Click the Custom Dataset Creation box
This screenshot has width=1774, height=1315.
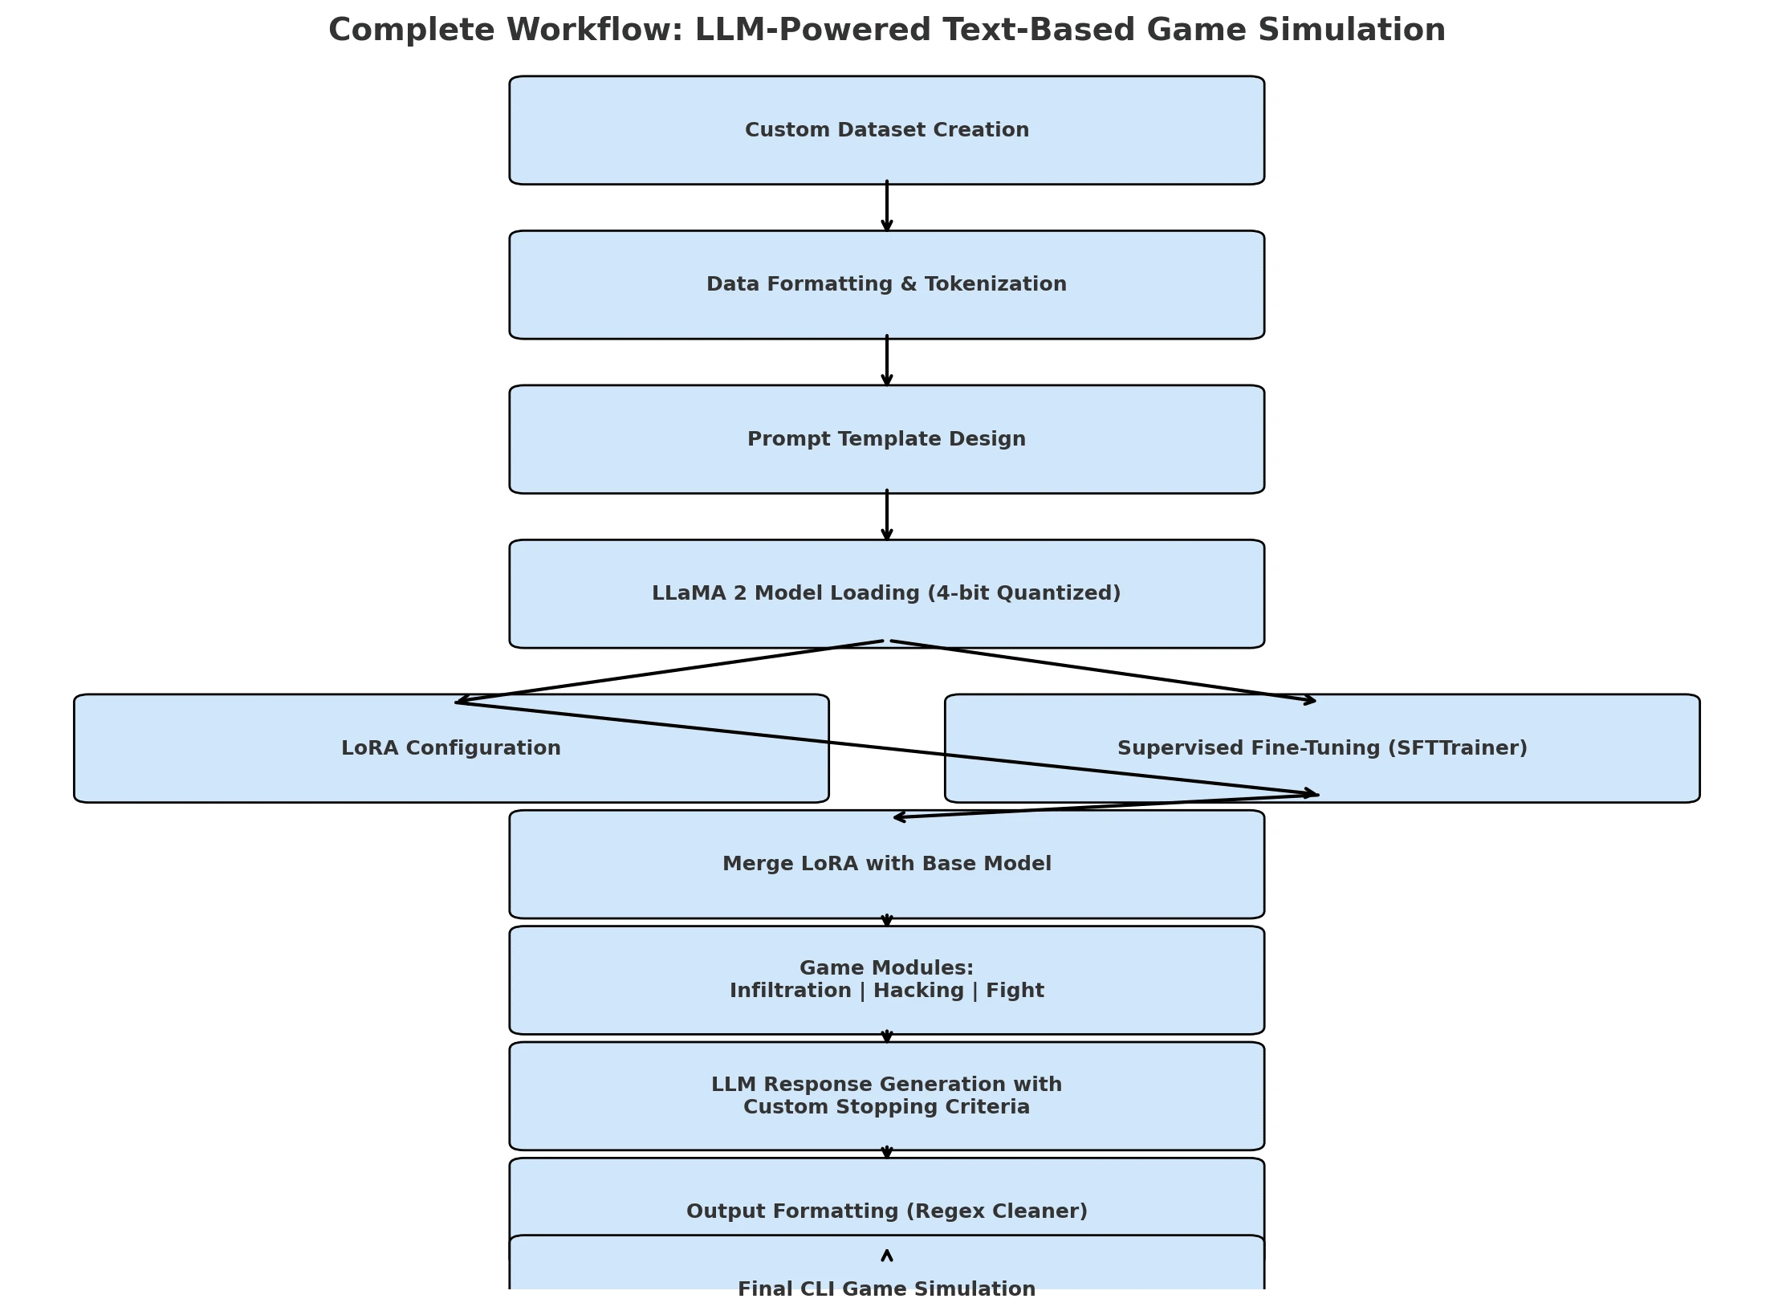[x=886, y=130]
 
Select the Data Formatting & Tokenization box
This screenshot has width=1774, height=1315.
[x=886, y=284]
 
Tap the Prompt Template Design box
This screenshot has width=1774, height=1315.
[x=886, y=439]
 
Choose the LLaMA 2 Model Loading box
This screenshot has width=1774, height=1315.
[x=886, y=593]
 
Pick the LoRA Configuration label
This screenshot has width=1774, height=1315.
[x=450, y=748]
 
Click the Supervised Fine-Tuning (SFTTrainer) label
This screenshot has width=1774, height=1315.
[x=1322, y=748]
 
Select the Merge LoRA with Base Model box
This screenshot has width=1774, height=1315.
[x=886, y=864]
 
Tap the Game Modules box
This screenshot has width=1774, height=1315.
[x=886, y=979]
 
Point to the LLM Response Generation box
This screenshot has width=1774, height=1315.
[x=886, y=1096]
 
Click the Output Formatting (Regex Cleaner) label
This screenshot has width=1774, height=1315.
[x=886, y=1211]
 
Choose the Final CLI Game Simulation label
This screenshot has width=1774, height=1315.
[x=886, y=1289]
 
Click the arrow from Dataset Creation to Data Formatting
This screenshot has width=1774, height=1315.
[x=887, y=207]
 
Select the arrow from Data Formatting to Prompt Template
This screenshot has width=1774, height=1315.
[x=887, y=361]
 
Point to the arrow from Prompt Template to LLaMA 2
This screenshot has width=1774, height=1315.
[x=887, y=515]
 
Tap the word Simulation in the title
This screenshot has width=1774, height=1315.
[x=1352, y=31]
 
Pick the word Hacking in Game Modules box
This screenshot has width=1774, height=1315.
[x=918, y=991]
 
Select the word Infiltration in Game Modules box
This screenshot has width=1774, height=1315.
[x=790, y=991]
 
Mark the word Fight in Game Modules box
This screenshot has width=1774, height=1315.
[x=1015, y=991]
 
